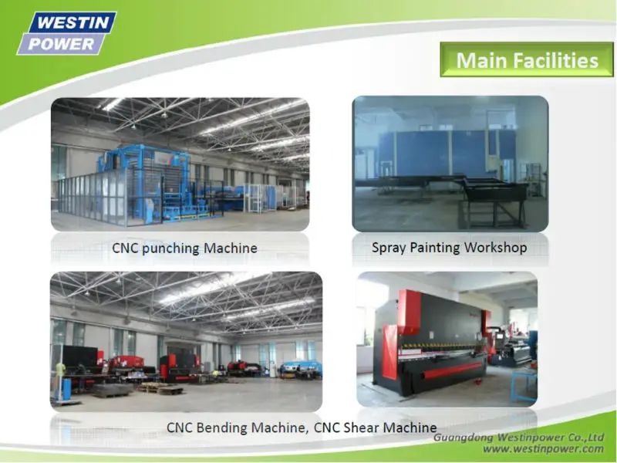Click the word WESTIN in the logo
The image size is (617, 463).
pos(73,22)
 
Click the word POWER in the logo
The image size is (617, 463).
pos(62,44)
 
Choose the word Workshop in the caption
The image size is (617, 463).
pos(495,247)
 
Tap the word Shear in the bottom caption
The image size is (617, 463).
pos(360,428)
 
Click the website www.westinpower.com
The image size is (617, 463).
pos(544,449)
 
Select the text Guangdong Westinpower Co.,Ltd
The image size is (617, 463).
pos(518,438)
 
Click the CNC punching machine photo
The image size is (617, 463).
pos(180,164)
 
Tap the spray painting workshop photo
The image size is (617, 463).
pos(450,164)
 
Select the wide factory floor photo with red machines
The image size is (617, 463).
pos(186,342)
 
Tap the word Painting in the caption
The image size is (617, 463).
pos(435,248)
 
